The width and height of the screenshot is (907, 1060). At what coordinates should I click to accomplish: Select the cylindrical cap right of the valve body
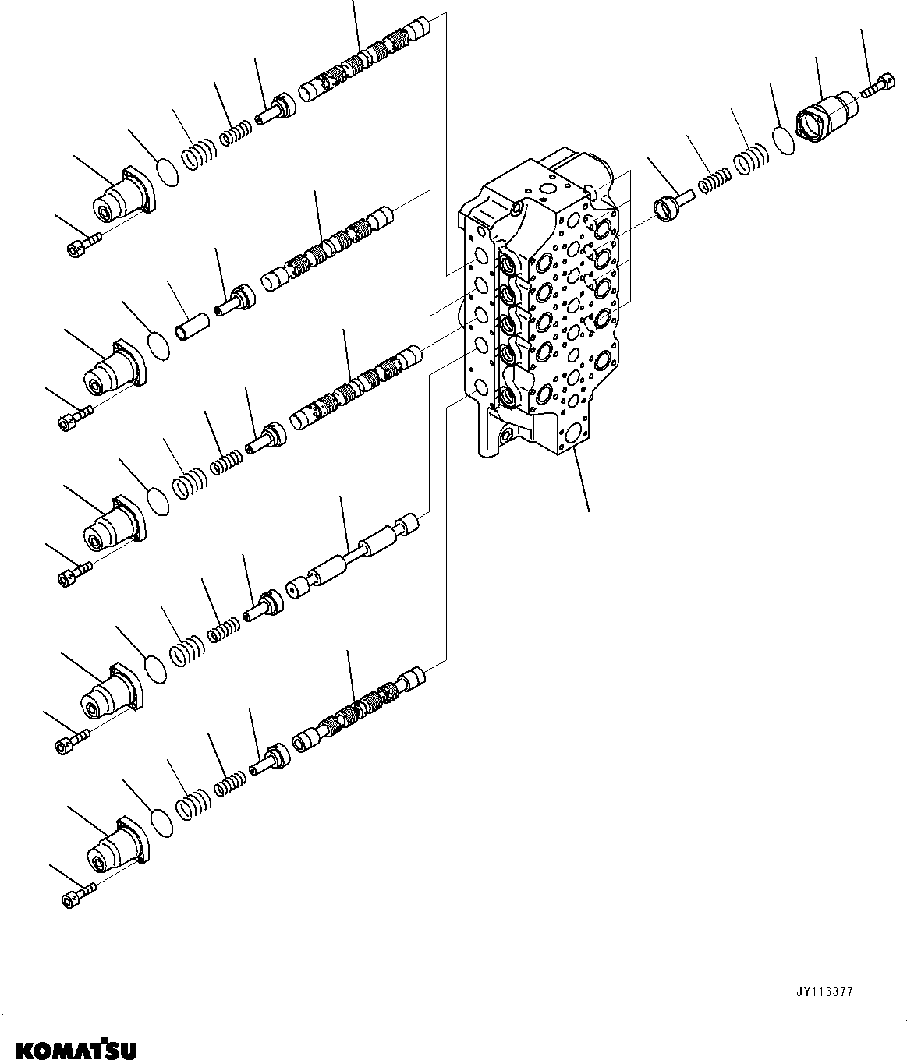[824, 119]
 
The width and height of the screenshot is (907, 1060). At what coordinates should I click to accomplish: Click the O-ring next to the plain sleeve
[158, 346]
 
